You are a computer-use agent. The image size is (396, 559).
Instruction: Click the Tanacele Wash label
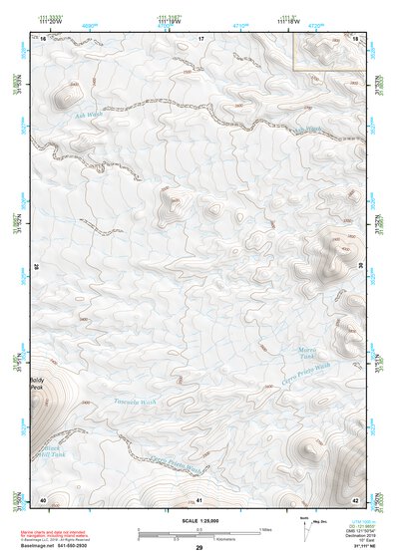[136, 403]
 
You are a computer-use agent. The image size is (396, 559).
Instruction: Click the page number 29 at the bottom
[198, 548]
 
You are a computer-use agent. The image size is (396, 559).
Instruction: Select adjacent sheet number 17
[199, 38]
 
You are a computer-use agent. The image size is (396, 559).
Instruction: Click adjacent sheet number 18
[356, 38]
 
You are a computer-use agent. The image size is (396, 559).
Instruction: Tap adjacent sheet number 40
[43, 499]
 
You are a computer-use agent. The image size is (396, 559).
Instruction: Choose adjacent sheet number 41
[199, 499]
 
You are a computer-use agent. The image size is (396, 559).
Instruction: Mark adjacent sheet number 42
[356, 499]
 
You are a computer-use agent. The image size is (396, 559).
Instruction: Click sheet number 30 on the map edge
[361, 267]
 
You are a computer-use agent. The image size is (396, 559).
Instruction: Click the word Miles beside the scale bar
[264, 528]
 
